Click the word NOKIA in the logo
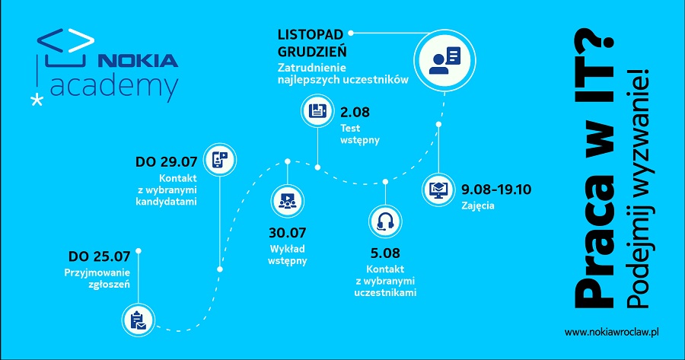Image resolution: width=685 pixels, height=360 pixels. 138,60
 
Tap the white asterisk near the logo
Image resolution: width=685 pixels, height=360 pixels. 37,100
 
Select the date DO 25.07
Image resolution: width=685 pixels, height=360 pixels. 99,256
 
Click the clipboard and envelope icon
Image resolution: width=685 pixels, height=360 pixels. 138,320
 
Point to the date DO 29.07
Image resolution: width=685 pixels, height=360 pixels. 166,162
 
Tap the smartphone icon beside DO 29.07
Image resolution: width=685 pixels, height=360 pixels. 220,160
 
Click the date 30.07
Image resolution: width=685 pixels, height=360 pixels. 287,233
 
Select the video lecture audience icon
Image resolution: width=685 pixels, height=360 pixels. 287,201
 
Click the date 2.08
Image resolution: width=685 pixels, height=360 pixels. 355,113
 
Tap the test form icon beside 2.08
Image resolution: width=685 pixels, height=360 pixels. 317,110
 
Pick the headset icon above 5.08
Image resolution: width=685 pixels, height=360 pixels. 385,221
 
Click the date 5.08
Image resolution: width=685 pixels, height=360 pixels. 385,253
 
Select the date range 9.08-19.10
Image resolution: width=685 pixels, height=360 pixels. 496,190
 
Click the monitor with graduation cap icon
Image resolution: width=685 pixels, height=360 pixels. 438,190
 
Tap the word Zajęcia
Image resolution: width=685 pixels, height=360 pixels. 477,205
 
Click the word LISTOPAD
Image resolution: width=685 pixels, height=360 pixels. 311,34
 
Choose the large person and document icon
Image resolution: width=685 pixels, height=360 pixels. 444,60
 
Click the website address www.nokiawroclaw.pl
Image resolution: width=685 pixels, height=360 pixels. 611,333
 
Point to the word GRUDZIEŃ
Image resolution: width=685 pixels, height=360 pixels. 312,51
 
